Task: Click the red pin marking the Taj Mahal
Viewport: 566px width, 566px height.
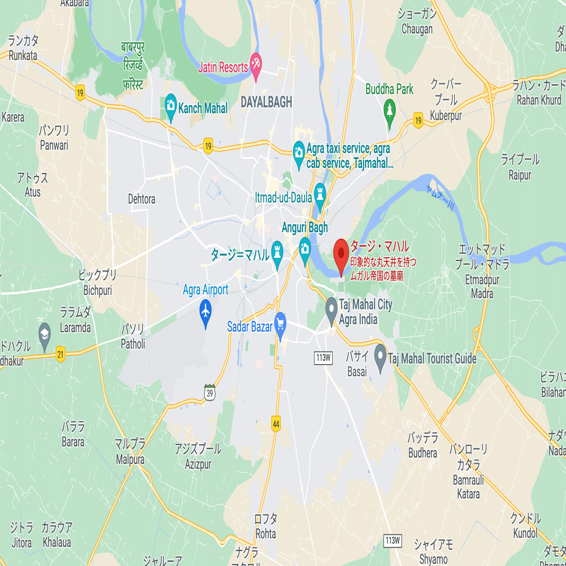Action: [341, 252]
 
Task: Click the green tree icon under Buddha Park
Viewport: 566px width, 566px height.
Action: [390, 110]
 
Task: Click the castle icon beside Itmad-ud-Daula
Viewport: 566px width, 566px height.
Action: [319, 193]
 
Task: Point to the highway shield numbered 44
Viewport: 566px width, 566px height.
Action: [275, 424]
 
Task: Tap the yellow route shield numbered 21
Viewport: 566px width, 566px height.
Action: [61, 354]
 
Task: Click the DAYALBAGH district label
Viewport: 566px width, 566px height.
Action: [266, 103]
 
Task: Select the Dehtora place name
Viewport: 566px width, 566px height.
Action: [141, 199]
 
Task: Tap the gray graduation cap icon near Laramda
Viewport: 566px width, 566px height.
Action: [45, 333]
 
